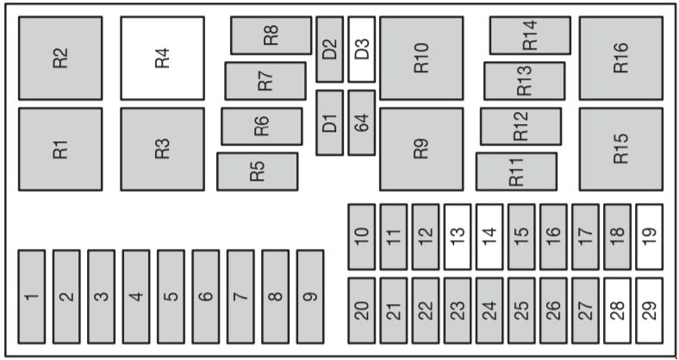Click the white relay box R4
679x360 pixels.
[x=162, y=58]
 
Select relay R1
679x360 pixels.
[x=60, y=149]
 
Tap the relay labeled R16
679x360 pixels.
[x=621, y=58]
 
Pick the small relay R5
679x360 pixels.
[x=258, y=171]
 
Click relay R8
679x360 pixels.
[x=271, y=35]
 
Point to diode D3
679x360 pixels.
[x=362, y=49]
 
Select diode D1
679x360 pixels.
[x=329, y=122]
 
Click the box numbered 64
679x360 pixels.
[x=362, y=122]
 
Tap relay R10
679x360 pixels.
[x=421, y=58]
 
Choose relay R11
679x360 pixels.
[x=516, y=171]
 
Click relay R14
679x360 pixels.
[x=530, y=35]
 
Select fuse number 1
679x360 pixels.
[x=32, y=296]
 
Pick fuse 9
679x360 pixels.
[x=310, y=296]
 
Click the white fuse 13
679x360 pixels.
[x=458, y=237]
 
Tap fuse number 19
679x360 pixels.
[x=650, y=237]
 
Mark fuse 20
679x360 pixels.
[x=362, y=310]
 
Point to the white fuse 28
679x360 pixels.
[x=618, y=310]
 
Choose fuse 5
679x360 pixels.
[x=171, y=296]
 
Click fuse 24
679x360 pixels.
[x=489, y=310]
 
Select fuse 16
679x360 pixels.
[x=553, y=237]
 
